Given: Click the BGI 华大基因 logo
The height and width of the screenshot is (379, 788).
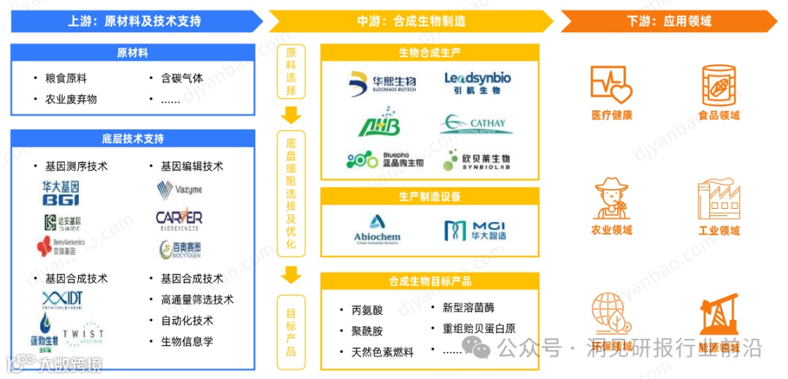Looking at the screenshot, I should (x=60, y=194).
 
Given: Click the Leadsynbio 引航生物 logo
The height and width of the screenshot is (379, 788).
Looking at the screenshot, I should (x=477, y=83).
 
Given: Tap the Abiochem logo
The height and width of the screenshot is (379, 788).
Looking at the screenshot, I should (x=377, y=229).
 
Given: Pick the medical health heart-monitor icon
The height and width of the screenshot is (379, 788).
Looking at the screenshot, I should (x=611, y=84).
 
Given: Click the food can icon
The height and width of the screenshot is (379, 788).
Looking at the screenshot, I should (x=719, y=83).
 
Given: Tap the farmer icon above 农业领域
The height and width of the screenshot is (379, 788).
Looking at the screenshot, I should (x=611, y=199).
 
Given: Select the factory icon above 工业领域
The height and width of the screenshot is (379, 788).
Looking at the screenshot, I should (x=719, y=199).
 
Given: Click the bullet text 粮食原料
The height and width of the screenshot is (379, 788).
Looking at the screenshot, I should (x=66, y=78).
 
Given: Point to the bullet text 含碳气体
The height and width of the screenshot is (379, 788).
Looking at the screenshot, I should (x=182, y=78).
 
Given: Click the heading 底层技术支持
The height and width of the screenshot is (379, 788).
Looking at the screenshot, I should (x=133, y=139).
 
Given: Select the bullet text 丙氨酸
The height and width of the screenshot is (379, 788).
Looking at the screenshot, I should (x=367, y=310).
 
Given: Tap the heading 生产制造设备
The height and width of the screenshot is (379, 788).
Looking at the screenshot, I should (x=430, y=196).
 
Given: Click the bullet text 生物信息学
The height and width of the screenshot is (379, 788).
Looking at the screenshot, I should (x=187, y=341).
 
